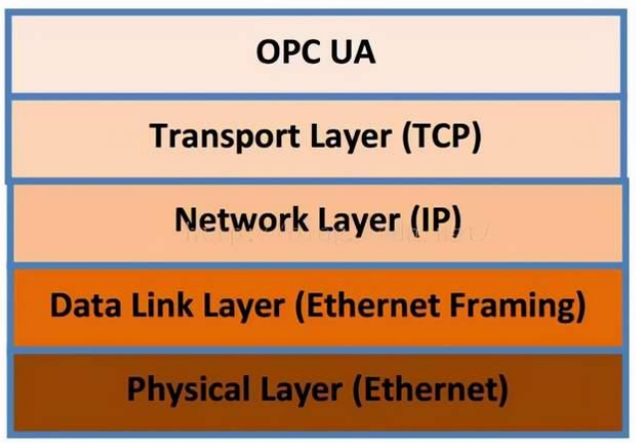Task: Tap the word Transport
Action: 224,137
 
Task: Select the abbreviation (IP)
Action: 436,221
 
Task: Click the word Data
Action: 86,305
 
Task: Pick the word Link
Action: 162,304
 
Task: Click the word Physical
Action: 193,390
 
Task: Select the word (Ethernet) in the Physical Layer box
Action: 431,390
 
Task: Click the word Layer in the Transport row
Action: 351,139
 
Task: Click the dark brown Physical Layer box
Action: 318,393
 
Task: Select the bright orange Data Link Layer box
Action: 318,307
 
